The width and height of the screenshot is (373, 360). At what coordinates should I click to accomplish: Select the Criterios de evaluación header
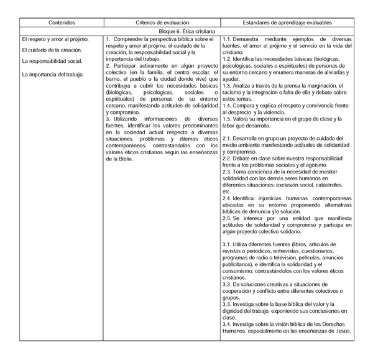click(162, 21)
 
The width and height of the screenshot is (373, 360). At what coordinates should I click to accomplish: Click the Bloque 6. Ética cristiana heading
click(186, 30)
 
